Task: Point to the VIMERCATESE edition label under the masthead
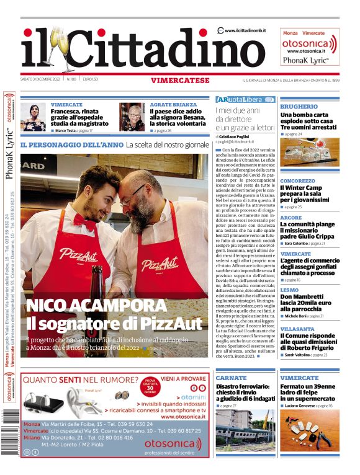pyautogui.click(x=179, y=80)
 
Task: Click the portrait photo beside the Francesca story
pyautogui.click(x=34, y=117)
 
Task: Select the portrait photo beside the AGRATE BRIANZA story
pyautogui.click(x=132, y=117)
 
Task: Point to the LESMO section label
pyautogui.click(x=289, y=290)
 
